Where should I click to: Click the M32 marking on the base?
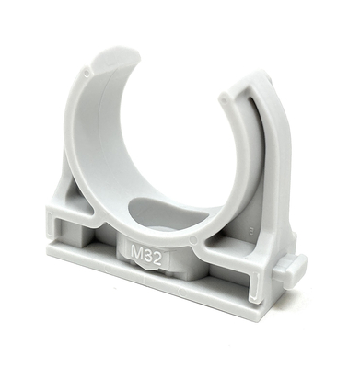click(146, 252)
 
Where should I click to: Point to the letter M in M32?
click(136, 250)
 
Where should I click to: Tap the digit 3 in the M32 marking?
click(148, 252)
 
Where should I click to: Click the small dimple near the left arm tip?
click(87, 70)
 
